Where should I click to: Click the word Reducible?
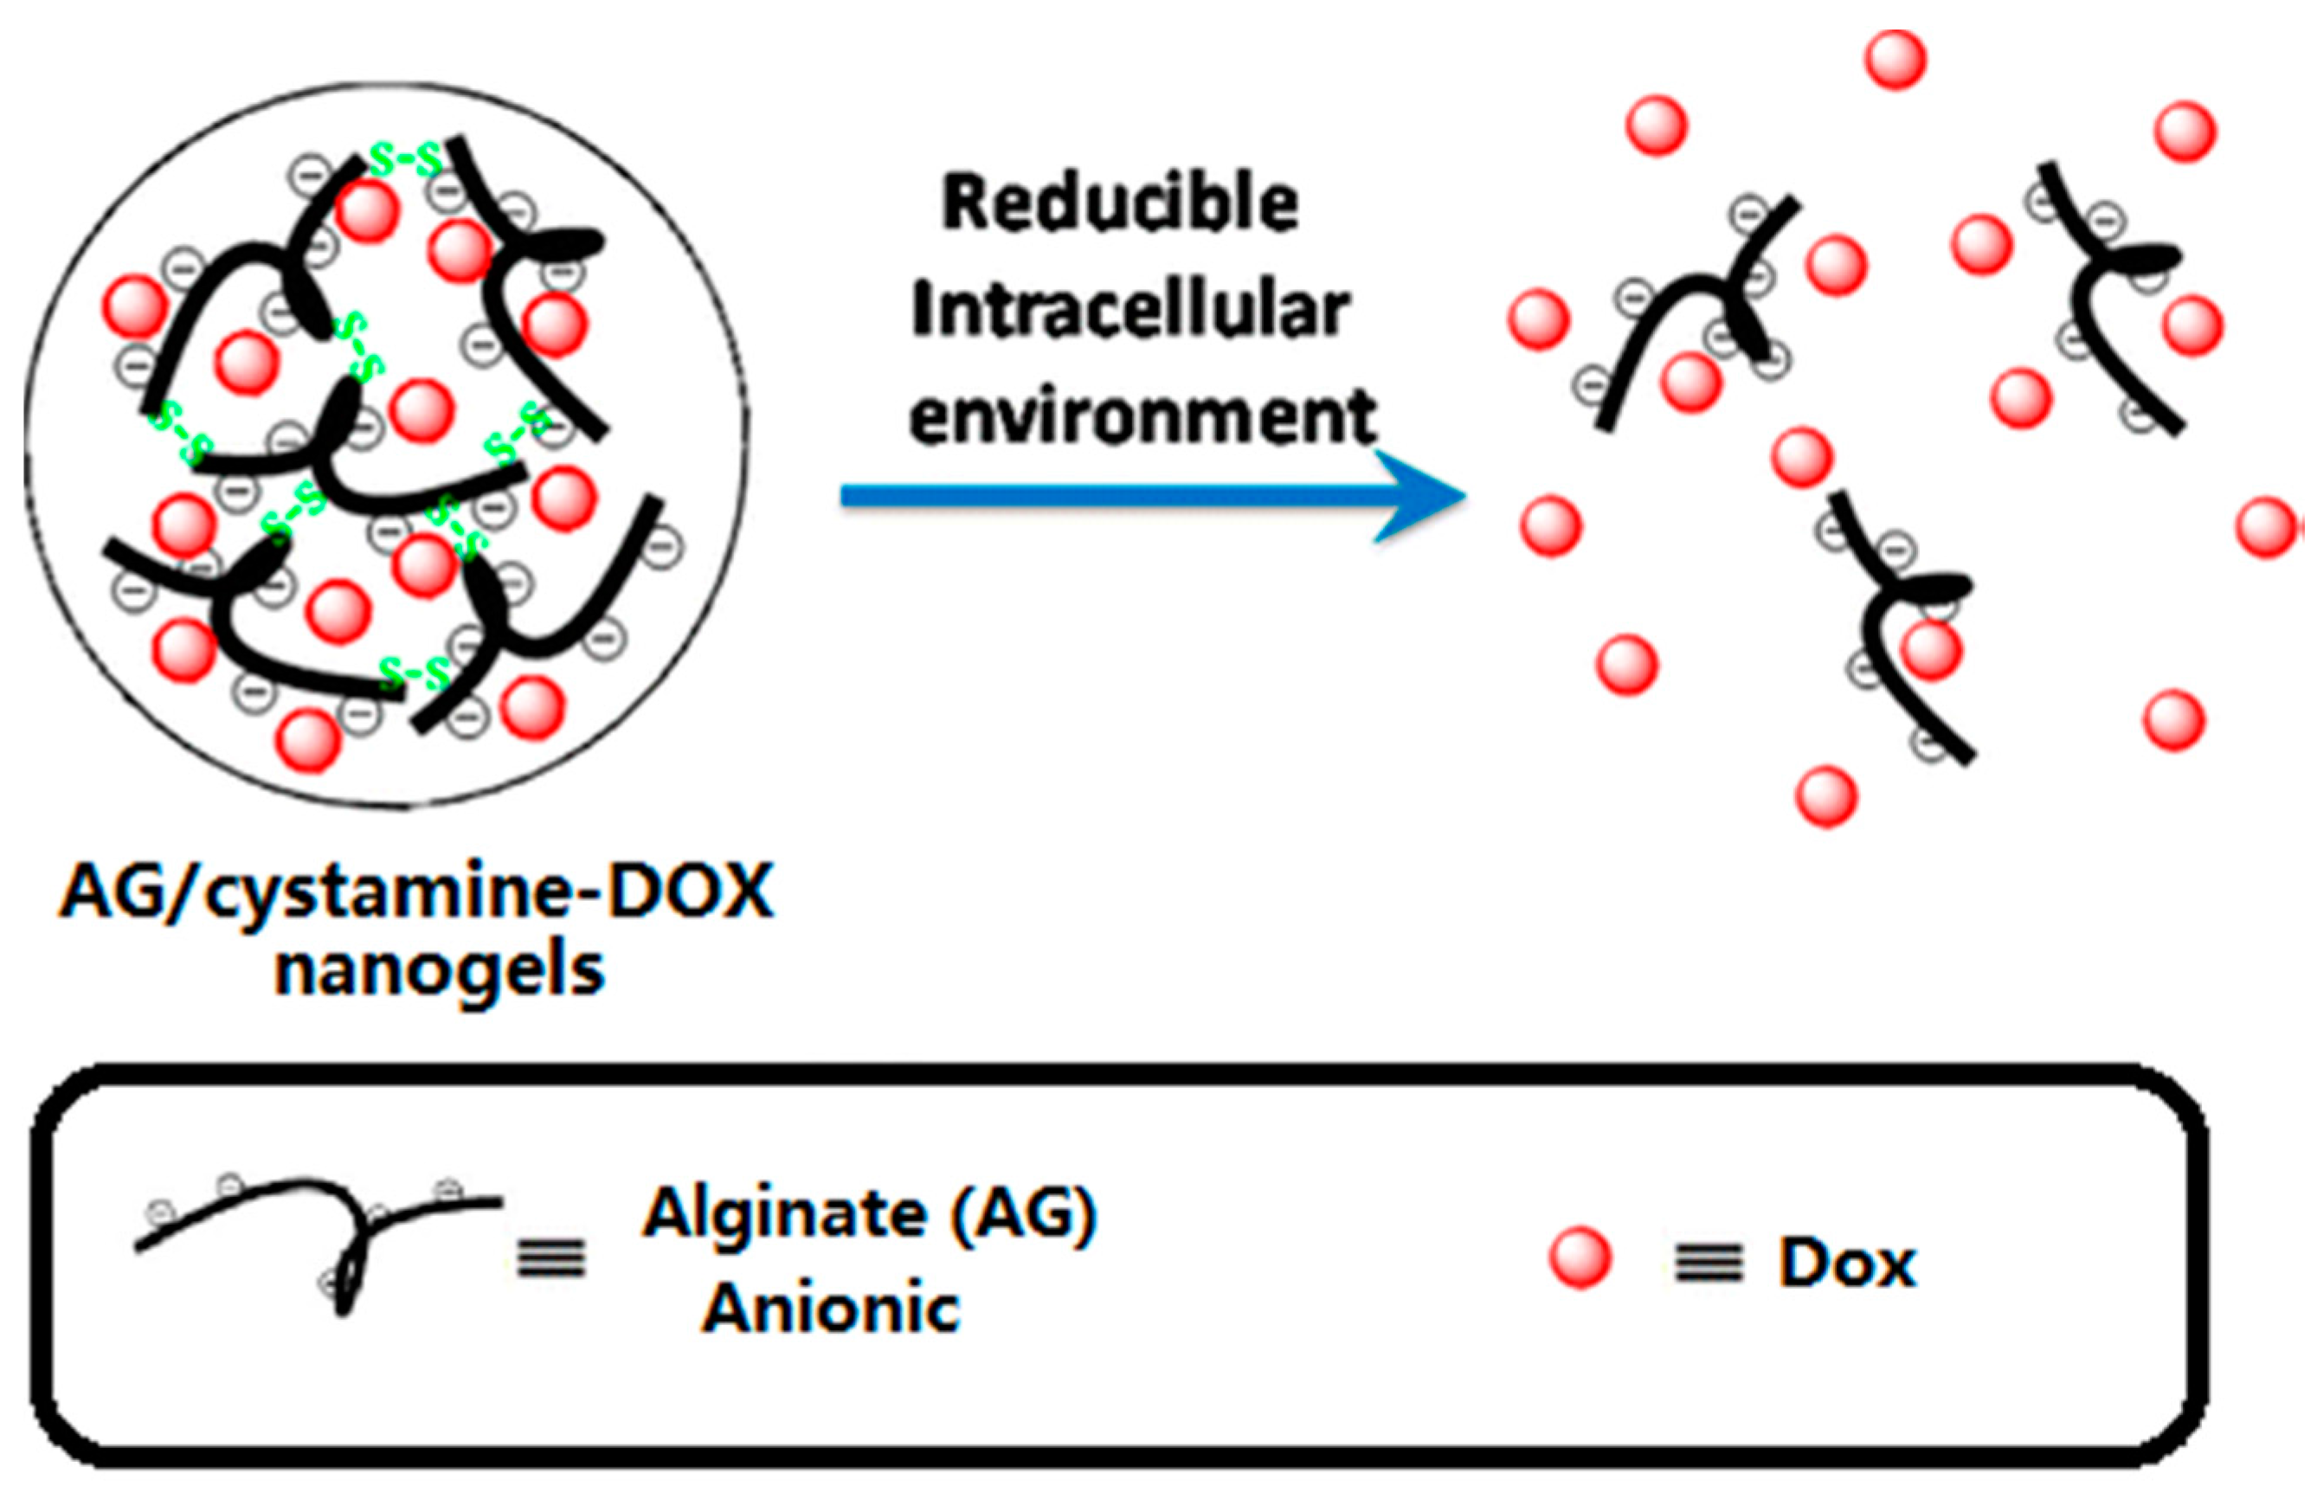point(1119,203)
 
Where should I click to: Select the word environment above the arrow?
point(1143,417)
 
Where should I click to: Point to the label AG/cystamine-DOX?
point(417,892)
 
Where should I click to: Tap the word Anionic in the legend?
point(831,1309)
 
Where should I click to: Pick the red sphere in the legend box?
point(1580,1258)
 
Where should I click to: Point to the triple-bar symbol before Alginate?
point(551,1258)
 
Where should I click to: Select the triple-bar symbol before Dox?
point(1708,1263)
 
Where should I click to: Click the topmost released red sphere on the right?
point(1895,60)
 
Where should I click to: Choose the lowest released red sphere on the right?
point(1825,796)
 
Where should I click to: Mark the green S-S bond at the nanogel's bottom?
point(415,672)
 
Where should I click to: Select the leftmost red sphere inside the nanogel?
point(134,306)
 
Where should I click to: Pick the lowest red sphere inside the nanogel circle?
point(309,740)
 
